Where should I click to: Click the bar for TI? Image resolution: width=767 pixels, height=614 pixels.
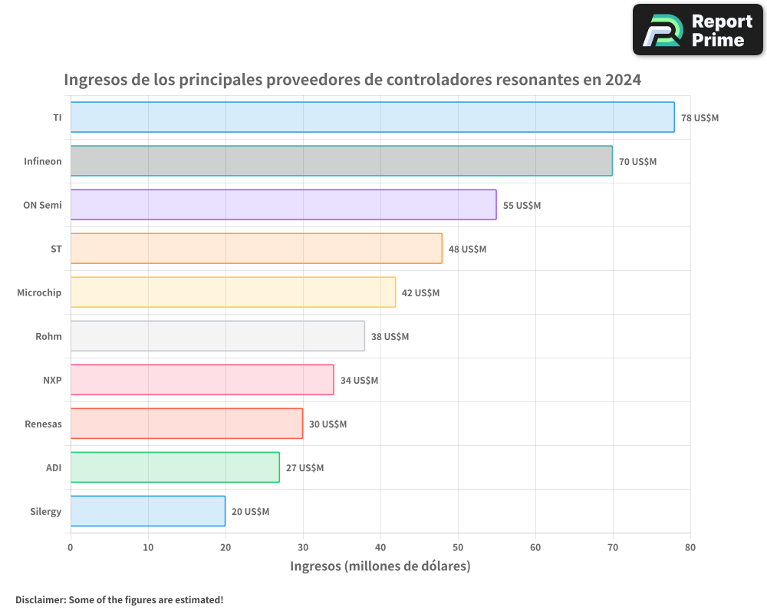coord(372,117)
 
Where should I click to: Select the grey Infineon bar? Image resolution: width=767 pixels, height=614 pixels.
coord(341,161)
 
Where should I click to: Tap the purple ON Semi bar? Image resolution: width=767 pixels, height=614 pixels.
coord(283,205)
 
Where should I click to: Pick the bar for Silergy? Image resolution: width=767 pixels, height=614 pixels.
coord(147,511)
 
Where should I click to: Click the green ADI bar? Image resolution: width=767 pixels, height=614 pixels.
coord(175,467)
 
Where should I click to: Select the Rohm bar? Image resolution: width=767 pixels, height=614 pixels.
coord(217,336)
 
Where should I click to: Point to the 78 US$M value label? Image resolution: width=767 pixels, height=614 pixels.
coord(700,118)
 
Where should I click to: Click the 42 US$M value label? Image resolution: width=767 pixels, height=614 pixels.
coord(420,293)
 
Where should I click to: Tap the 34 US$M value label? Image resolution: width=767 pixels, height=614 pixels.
coord(359,381)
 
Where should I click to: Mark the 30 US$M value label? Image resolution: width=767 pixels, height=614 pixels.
coord(328,424)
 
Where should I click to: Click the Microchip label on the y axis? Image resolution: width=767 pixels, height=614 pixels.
coord(39,292)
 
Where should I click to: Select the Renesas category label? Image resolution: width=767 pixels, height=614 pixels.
coord(43,424)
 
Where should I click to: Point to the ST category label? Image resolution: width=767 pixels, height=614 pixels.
coord(56,249)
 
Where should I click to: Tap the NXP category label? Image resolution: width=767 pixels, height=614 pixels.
coord(52,380)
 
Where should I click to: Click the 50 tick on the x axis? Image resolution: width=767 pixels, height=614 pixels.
coord(458,548)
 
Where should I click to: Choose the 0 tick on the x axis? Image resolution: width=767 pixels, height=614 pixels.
coord(71,548)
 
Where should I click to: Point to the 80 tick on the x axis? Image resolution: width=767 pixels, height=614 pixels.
coord(690,548)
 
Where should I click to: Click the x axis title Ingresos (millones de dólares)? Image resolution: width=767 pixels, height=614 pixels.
coord(380,566)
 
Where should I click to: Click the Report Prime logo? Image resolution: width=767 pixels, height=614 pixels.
coord(697,30)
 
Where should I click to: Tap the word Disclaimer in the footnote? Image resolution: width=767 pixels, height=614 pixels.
coord(40,599)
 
